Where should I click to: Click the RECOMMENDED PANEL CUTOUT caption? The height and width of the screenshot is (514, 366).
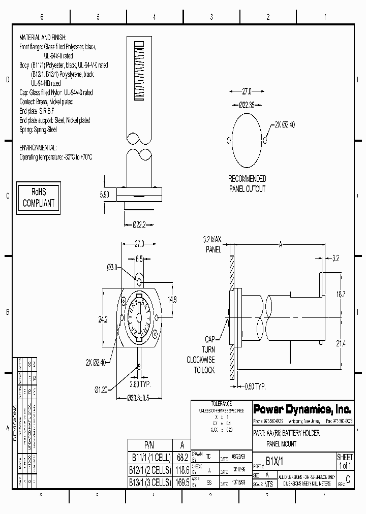(247, 184)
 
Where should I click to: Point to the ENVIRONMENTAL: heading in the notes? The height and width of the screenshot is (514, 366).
(38, 147)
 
